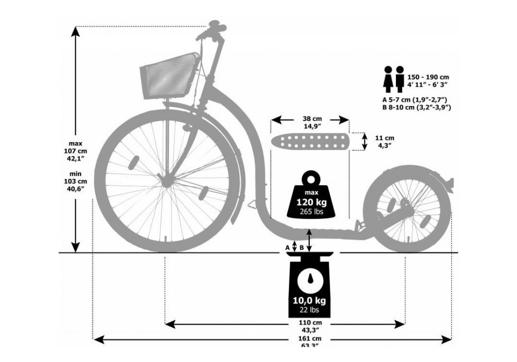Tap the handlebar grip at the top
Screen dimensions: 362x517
click(215, 26)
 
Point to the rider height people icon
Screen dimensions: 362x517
click(393, 79)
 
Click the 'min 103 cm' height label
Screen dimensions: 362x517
click(75, 182)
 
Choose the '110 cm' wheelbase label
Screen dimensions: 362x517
click(310, 326)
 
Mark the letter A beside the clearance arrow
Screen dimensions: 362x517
click(287, 248)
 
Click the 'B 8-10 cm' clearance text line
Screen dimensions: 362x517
click(417, 107)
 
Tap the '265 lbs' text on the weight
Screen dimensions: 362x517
click(310, 212)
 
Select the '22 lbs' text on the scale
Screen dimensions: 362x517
click(310, 310)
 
